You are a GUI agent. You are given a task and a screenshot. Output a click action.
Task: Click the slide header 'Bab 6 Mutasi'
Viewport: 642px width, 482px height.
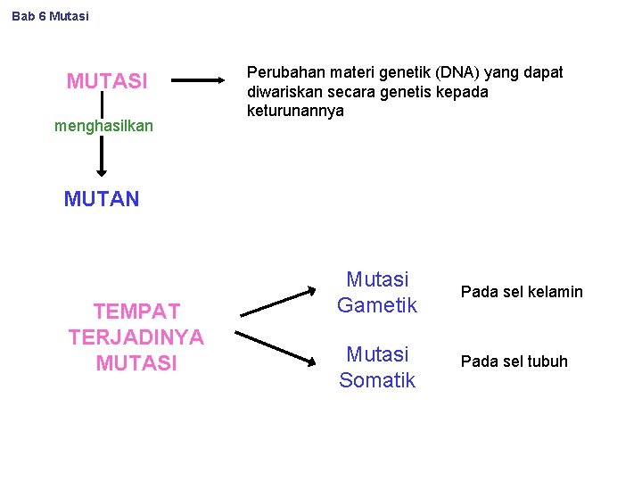pyautogui.click(x=51, y=16)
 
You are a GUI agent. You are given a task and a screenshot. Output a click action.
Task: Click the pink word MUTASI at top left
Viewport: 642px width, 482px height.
pyautogui.click(x=107, y=82)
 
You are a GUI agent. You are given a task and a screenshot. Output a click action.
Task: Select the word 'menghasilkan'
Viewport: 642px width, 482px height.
pyautogui.click(x=103, y=126)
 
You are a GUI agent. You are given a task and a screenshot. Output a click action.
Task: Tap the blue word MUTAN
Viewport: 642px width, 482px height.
pyautogui.click(x=102, y=199)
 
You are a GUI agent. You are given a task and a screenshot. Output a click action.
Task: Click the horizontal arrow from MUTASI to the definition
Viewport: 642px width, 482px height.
pyautogui.click(x=200, y=80)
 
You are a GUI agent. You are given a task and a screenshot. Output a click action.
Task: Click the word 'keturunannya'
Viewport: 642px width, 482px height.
pyautogui.click(x=295, y=112)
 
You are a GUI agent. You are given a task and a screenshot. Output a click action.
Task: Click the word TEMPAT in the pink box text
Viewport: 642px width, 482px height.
pyautogui.click(x=136, y=312)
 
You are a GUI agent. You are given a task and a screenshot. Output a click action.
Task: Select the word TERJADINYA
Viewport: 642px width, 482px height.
pyautogui.click(x=136, y=337)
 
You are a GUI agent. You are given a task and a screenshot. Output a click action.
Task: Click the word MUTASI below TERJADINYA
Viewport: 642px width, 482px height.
pyautogui.click(x=136, y=363)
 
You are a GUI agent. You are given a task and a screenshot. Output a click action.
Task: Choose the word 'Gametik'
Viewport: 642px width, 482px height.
pyautogui.click(x=377, y=305)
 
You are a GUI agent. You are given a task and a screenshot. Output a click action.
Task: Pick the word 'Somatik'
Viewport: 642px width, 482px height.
pyautogui.click(x=377, y=380)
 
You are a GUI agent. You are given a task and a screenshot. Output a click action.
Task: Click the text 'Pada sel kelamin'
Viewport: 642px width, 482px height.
pyautogui.click(x=522, y=292)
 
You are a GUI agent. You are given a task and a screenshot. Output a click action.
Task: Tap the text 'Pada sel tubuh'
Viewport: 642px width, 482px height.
pyautogui.click(x=514, y=361)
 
